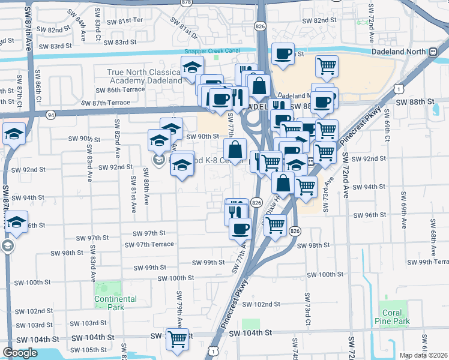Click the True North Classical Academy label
point(144,76)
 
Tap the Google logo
point(20,353)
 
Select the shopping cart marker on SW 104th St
point(177,339)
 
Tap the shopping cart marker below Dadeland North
point(327,65)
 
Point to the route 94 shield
point(50,114)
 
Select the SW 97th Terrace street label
point(149,244)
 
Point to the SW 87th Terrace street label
point(108,103)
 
